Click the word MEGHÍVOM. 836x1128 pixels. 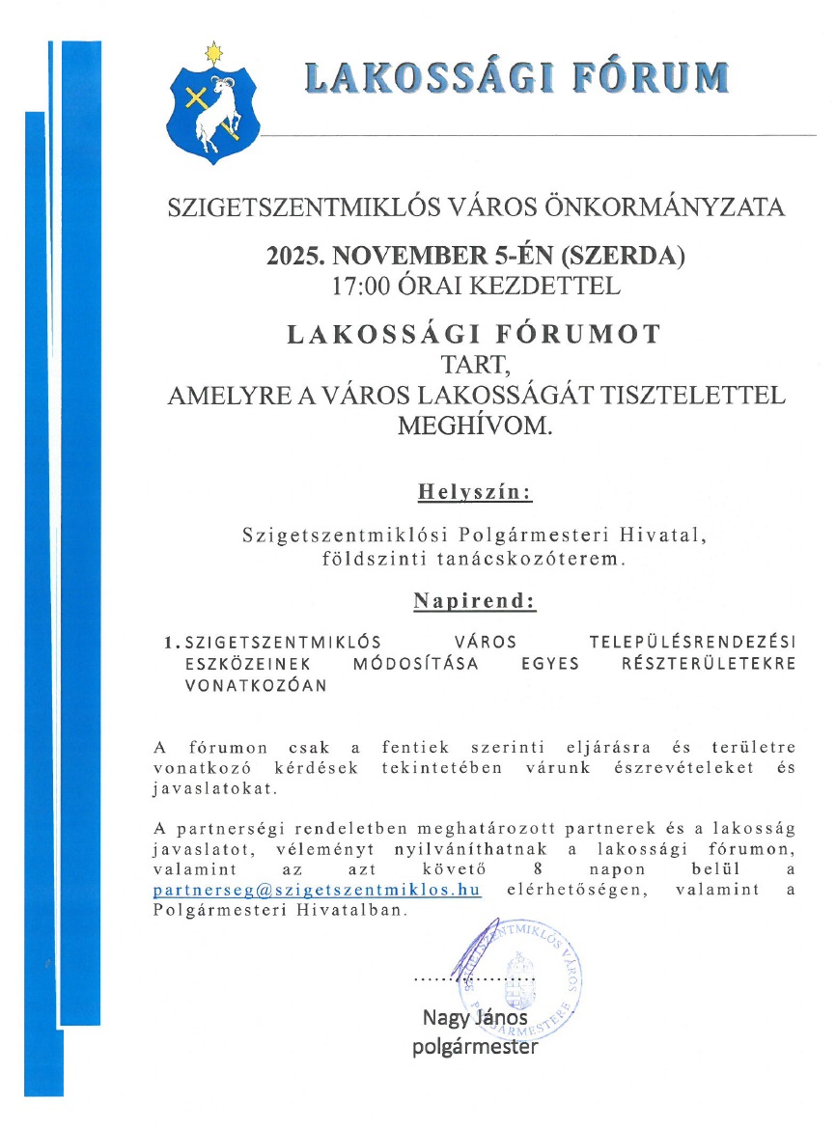point(476,426)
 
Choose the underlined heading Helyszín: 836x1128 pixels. point(474,492)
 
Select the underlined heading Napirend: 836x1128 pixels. point(474,601)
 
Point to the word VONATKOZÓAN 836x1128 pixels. point(256,686)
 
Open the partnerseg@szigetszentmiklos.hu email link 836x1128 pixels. point(317,890)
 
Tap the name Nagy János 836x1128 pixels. point(475,1018)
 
